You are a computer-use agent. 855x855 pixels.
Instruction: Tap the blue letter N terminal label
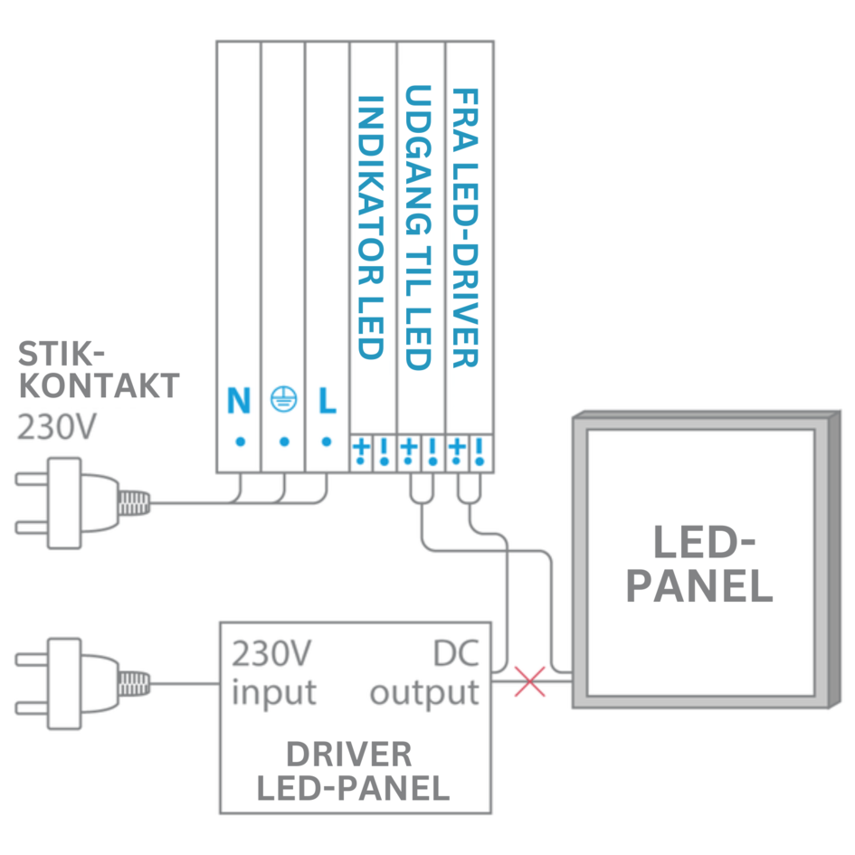click(239, 401)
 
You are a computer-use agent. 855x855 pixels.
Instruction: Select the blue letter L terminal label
click(327, 401)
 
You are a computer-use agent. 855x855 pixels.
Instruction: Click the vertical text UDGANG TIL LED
click(418, 228)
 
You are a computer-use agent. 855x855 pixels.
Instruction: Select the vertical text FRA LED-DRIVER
click(465, 228)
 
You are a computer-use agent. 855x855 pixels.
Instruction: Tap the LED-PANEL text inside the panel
click(699, 565)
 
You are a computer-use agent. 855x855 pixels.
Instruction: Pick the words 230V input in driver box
click(274, 674)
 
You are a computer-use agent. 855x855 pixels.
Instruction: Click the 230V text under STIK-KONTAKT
click(56, 426)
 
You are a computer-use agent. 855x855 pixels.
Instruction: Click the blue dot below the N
click(240, 442)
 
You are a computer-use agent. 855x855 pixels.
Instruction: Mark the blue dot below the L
click(327, 442)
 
